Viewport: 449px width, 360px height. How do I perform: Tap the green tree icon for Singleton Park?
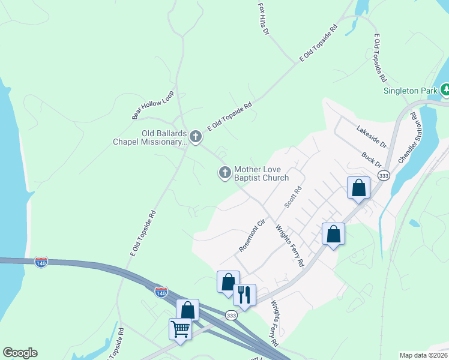pos(445,91)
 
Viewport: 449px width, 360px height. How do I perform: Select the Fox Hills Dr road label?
pos(263,18)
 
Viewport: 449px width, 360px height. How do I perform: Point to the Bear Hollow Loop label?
pos(152,105)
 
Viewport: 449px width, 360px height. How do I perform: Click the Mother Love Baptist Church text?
pos(261,173)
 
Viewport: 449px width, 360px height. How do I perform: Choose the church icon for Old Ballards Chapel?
pos(195,137)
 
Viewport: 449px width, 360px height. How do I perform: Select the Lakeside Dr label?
pos(372,137)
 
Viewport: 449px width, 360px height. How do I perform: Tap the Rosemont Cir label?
pos(252,236)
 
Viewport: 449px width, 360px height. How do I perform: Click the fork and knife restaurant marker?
pos(244,295)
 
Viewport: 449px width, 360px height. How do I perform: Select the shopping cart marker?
pos(180,329)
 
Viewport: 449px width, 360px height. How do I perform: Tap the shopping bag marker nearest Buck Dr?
pos(358,188)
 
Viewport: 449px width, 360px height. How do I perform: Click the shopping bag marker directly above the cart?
pos(188,310)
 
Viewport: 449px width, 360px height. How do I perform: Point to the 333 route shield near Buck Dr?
pos(383,175)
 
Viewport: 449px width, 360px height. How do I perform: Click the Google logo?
pos(20,353)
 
